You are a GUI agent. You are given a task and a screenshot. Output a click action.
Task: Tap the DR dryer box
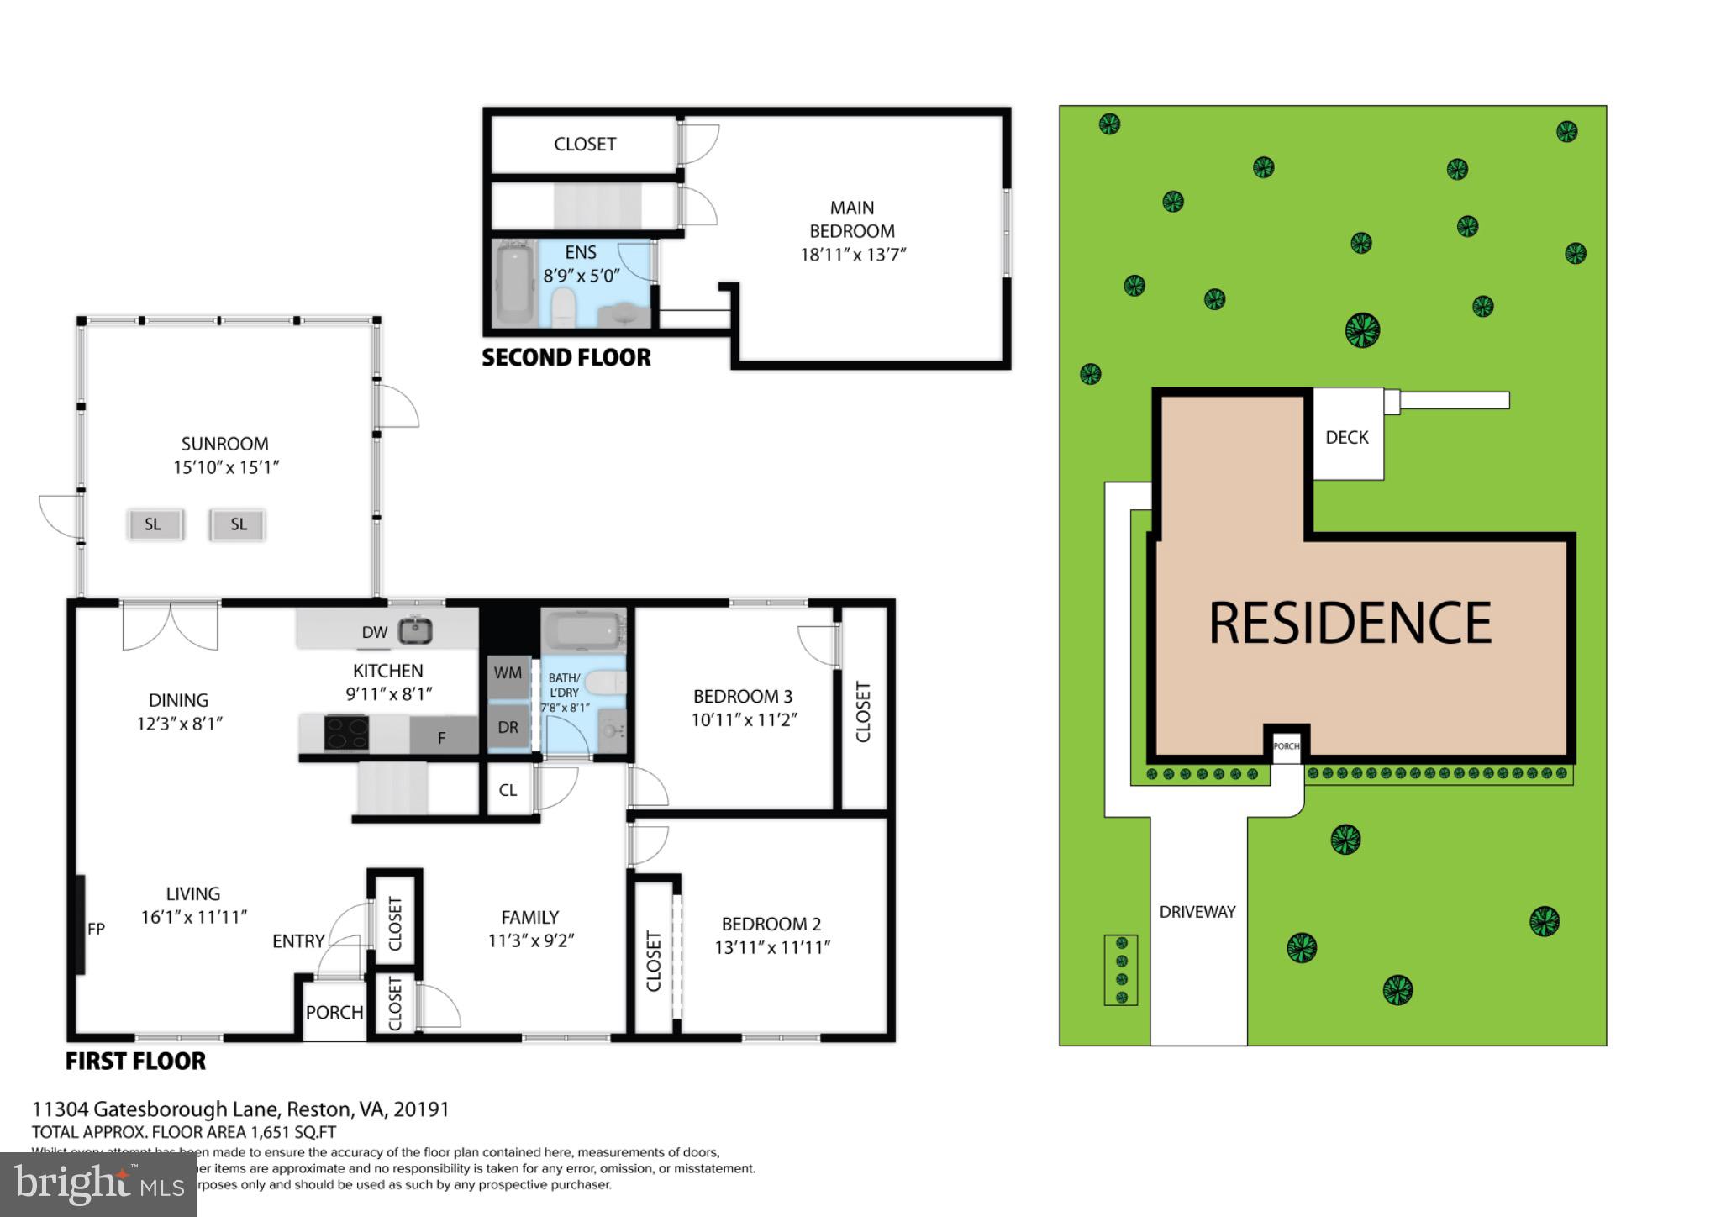pos(508,728)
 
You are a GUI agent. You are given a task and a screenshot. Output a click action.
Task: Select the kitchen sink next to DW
pos(414,630)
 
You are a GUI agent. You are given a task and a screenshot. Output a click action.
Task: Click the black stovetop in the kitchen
pos(346,733)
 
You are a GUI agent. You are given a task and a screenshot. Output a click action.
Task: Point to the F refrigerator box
pos(441,737)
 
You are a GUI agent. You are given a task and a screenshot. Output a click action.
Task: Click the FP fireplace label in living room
pos(96,929)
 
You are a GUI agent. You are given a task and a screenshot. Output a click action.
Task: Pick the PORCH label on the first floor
pos(334,1013)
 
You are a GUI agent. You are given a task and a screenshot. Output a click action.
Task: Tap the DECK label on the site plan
pos(1346,437)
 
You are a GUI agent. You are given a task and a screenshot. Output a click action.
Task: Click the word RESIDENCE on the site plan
pos(1350,623)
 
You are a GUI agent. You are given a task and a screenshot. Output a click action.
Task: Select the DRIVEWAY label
pos(1197,912)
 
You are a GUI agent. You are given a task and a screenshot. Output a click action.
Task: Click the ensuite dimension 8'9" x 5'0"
pos(581,276)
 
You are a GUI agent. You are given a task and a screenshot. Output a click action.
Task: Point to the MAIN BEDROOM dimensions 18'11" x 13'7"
pos(852,255)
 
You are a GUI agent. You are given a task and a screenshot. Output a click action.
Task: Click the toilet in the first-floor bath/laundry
pos(603,682)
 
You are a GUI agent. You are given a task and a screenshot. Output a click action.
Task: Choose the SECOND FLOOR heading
pos(566,358)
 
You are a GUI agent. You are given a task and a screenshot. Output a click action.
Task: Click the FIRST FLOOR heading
pos(135,1062)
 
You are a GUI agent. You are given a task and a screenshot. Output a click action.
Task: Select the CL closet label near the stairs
pos(508,791)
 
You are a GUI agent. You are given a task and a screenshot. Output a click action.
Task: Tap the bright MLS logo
pos(98,1184)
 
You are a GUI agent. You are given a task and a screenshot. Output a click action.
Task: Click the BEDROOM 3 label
pos(742,697)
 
